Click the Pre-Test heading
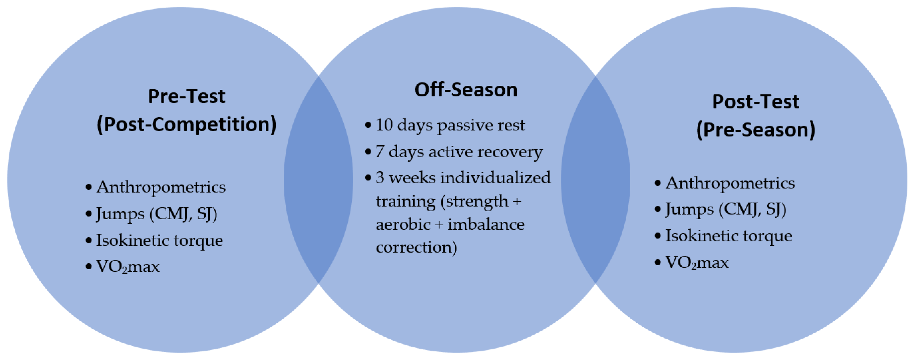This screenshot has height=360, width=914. click(x=186, y=96)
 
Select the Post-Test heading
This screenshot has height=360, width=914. click(x=756, y=102)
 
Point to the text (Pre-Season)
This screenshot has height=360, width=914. click(x=756, y=130)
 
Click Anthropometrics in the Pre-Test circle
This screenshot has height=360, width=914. click(x=161, y=187)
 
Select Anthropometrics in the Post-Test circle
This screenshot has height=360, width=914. click(x=730, y=183)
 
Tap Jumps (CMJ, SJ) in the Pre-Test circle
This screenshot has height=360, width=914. click(x=157, y=214)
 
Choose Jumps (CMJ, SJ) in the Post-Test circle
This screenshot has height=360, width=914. click(x=726, y=209)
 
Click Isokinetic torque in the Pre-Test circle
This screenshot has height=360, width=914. click(x=159, y=240)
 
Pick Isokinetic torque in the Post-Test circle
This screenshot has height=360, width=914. click(x=728, y=236)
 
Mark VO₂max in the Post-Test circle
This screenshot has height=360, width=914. click(x=697, y=263)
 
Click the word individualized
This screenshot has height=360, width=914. click(x=496, y=177)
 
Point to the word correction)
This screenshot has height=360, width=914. click(x=416, y=247)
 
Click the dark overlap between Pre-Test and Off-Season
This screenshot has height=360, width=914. click(x=318, y=180)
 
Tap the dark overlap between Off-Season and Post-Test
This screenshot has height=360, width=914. click(x=595, y=180)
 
